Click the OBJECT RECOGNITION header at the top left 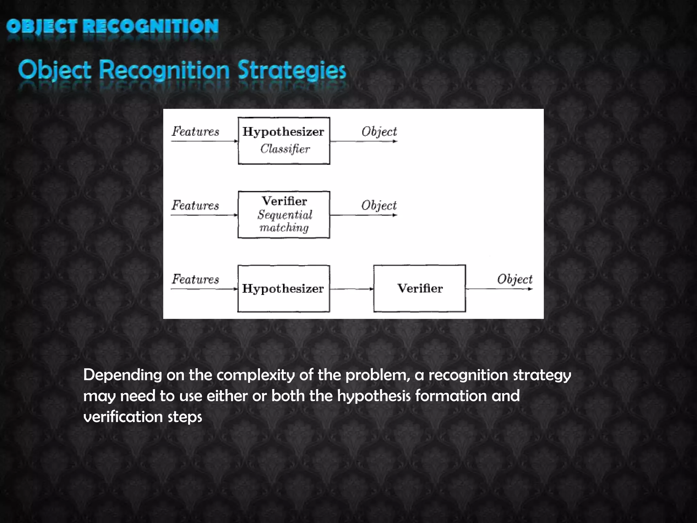112,27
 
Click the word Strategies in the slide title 292,70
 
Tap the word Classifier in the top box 285,149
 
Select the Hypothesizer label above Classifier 283,132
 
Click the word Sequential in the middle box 285,215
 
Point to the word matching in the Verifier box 284,227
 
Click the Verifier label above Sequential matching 284,201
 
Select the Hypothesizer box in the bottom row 283,288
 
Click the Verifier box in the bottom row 420,288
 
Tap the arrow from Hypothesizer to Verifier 352,289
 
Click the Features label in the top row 195,131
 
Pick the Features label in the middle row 195,205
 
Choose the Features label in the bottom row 195,279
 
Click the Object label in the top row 379,131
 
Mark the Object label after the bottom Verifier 515,279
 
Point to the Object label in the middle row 379,205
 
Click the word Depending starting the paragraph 123,375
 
